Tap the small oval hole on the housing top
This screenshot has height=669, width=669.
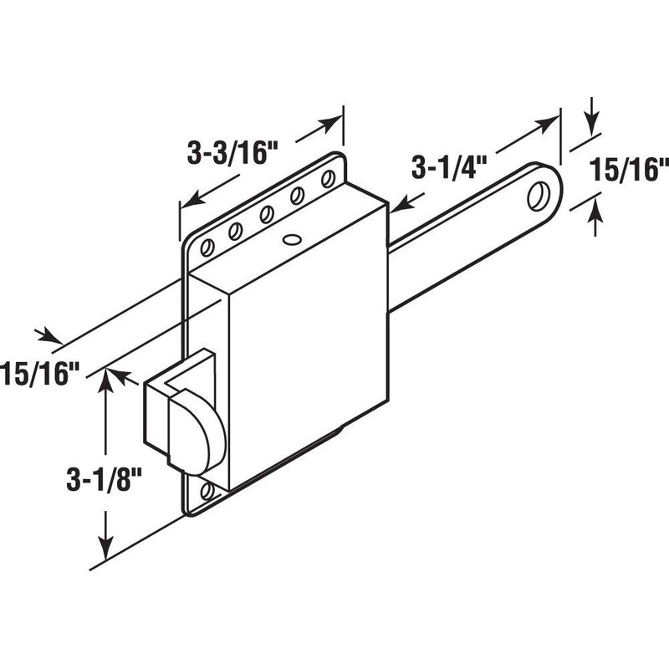pyautogui.click(x=290, y=239)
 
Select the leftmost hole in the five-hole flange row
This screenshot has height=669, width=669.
pyautogui.click(x=206, y=246)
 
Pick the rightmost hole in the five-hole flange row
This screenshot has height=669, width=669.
pyautogui.click(x=328, y=178)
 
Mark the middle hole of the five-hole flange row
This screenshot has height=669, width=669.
pyautogui.click(x=267, y=213)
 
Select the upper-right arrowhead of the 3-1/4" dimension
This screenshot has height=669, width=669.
pyautogui.click(x=548, y=122)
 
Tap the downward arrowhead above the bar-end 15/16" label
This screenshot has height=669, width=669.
pyautogui.click(x=592, y=125)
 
